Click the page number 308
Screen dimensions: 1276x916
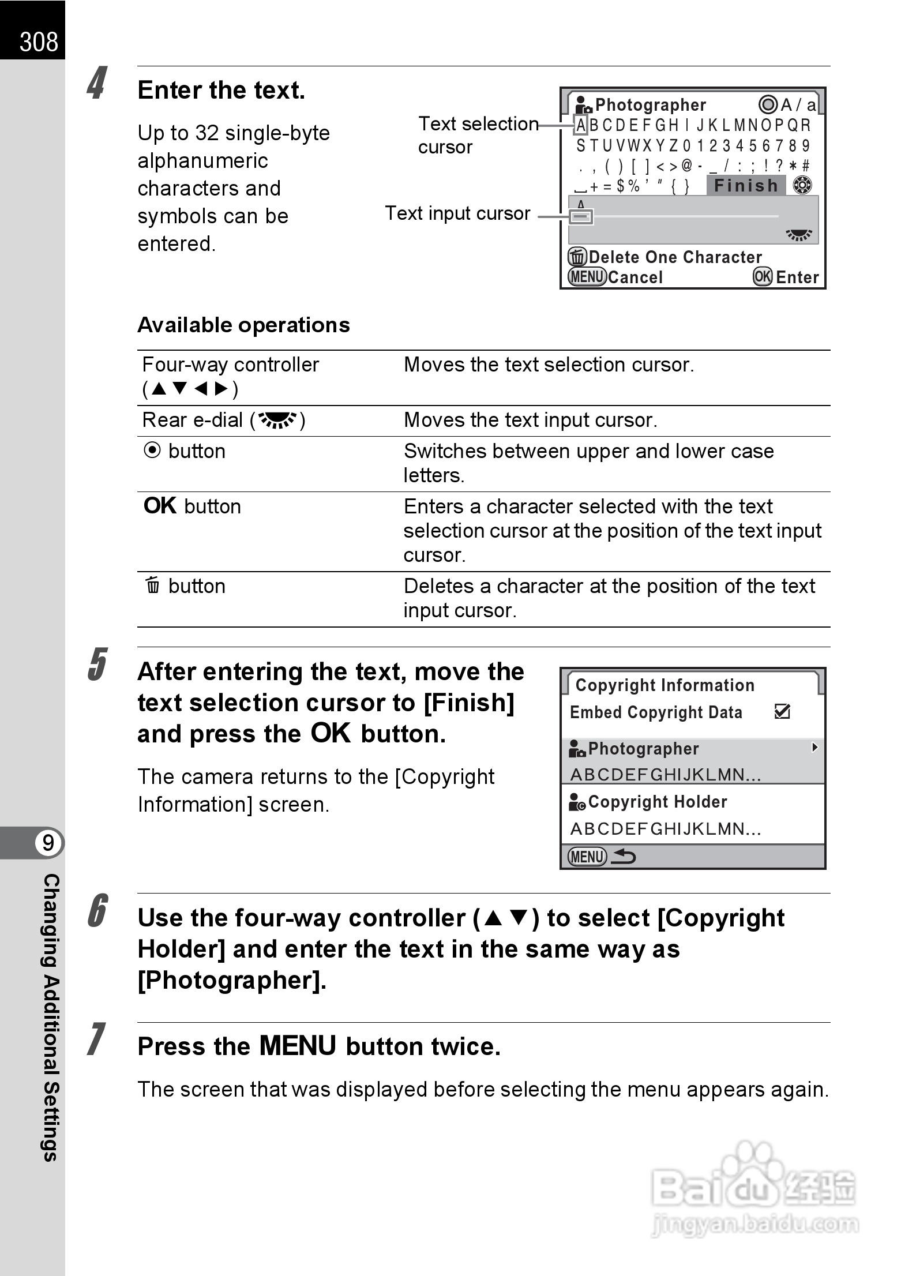(x=38, y=42)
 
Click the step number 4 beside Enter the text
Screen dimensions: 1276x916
(x=97, y=83)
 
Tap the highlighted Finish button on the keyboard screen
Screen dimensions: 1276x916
(x=746, y=186)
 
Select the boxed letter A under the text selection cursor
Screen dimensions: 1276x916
(x=581, y=125)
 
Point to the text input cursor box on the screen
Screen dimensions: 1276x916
(x=581, y=217)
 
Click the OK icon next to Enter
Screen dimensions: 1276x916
(x=762, y=277)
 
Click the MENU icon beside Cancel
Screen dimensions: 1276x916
(x=587, y=277)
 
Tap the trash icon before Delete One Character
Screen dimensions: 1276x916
(x=577, y=256)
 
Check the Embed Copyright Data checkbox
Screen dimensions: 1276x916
(x=782, y=712)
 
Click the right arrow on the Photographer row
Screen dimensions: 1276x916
(x=814, y=748)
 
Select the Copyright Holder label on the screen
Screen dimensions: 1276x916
(x=657, y=802)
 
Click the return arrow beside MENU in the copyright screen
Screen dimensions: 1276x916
(x=623, y=856)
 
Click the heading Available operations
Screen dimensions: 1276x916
(x=243, y=325)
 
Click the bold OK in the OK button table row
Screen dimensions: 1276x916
(x=160, y=506)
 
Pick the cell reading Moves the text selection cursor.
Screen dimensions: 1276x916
(x=549, y=365)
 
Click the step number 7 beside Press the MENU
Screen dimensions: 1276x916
(x=97, y=1039)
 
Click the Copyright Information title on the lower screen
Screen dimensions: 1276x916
(x=665, y=685)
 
